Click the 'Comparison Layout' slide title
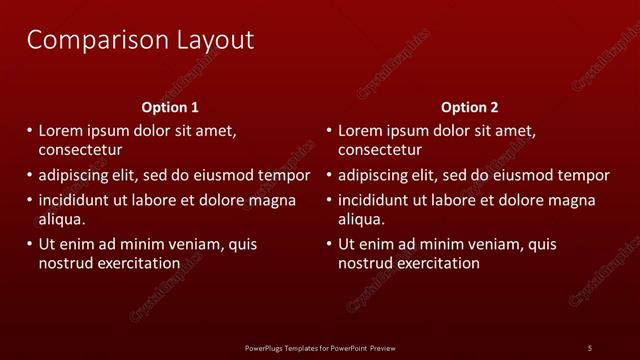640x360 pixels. [140, 41]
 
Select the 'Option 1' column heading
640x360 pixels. [169, 107]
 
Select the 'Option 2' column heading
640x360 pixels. [469, 107]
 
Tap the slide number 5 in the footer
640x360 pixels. [589, 347]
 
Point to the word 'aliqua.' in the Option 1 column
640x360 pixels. [62, 219]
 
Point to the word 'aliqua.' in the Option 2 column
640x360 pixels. [362, 219]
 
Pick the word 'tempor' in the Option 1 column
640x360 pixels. [284, 175]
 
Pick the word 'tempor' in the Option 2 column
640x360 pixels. [584, 175]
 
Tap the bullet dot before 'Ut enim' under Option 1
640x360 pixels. [29, 244]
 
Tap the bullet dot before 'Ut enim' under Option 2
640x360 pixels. [329, 244]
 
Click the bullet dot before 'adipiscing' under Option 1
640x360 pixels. [29, 175]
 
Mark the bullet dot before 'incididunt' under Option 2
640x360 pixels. [329, 200]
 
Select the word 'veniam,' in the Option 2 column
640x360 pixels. [493, 244]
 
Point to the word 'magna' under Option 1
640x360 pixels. [272, 200]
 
